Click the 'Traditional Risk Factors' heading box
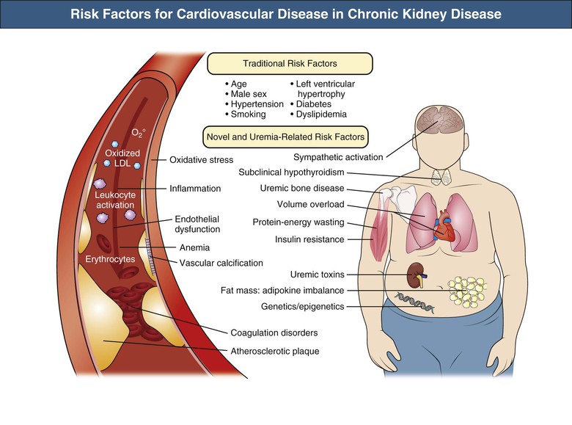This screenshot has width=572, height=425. [x=286, y=64]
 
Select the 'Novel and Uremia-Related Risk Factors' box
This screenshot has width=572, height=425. [x=285, y=136]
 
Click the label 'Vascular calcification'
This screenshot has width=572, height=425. [x=221, y=263]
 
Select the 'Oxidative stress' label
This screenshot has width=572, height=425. [x=201, y=159]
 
